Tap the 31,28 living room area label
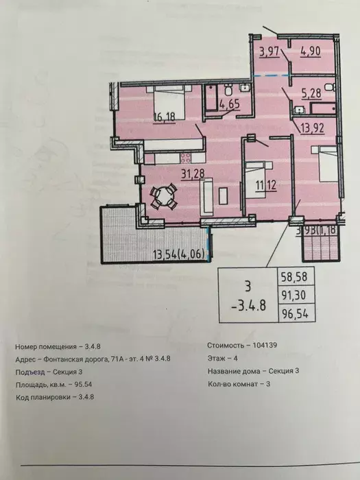[193, 174]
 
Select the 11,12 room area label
[266, 185]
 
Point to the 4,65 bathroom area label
[230, 104]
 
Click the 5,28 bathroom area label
[311, 94]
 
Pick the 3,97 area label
[269, 51]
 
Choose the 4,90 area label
[311, 51]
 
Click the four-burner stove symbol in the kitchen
[185, 158]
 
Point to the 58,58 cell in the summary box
[295, 276]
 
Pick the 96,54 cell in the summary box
[295, 314]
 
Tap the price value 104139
[265, 345]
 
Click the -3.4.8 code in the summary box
[248, 306]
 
